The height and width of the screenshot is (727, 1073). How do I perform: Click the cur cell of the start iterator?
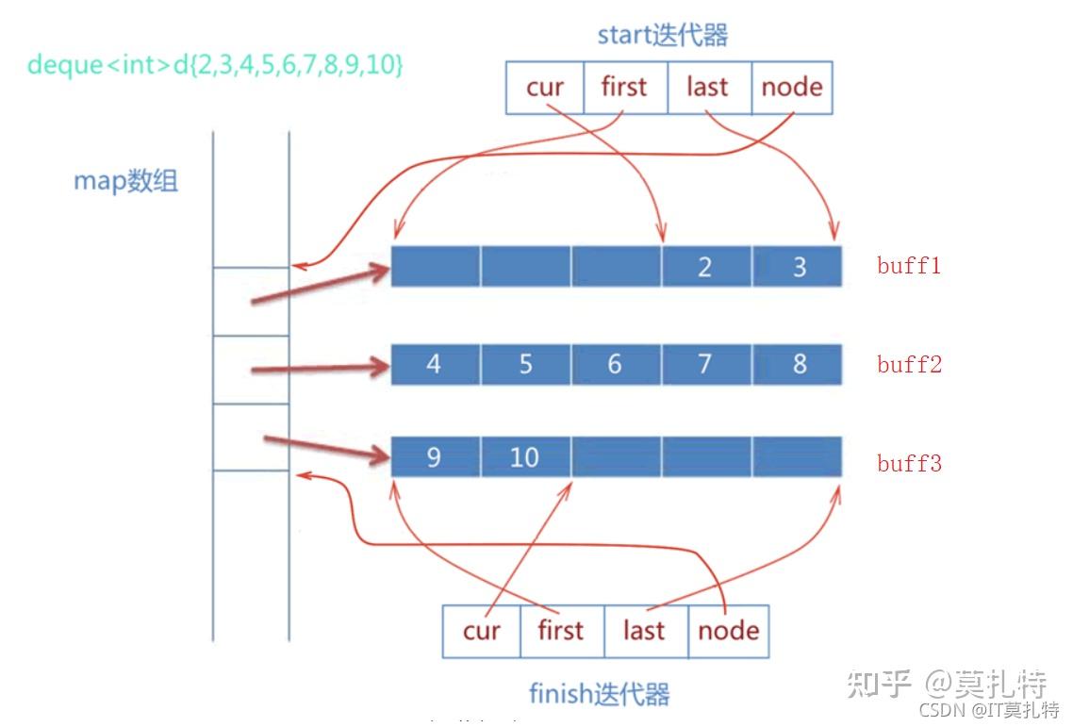click(x=545, y=88)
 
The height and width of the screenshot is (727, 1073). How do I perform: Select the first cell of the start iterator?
click(x=624, y=88)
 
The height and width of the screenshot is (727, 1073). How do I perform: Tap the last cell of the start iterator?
click(x=708, y=88)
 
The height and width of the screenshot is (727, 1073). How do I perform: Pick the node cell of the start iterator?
click(x=791, y=88)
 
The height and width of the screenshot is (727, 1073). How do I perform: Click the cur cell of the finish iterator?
click(x=481, y=631)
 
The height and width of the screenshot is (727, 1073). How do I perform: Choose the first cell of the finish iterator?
click(x=561, y=631)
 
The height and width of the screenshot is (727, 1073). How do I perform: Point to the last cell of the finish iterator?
click(x=645, y=631)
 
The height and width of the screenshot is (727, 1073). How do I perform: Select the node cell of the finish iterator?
click(x=728, y=631)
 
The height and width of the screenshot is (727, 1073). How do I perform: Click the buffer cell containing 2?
click(x=705, y=266)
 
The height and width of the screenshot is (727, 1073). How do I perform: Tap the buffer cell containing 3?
click(x=798, y=266)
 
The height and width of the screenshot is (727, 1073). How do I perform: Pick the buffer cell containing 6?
click(x=615, y=364)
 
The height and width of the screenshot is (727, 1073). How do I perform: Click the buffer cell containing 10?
click(x=524, y=457)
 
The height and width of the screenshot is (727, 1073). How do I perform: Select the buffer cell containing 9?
click(x=434, y=457)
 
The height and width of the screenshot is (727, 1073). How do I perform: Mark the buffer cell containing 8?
click(x=798, y=364)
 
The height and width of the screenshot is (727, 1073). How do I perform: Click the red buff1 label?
click(x=909, y=266)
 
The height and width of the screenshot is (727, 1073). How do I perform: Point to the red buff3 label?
click(x=909, y=463)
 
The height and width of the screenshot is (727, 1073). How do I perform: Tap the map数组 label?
click(x=125, y=180)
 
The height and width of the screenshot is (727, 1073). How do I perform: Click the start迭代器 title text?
click(x=663, y=36)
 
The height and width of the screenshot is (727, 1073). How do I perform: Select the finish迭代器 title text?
click(x=599, y=695)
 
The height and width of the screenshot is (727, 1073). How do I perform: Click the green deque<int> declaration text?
click(x=215, y=65)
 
